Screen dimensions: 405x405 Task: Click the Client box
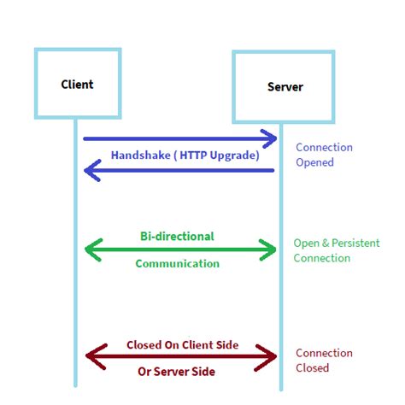coord(78,84)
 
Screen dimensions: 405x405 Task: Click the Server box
coord(284,86)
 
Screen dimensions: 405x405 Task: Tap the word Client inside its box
coord(77,84)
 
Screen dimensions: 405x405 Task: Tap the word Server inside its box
coord(285,87)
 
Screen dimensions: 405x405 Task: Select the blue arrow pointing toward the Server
coord(179,138)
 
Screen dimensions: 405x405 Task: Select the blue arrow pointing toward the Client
coord(179,171)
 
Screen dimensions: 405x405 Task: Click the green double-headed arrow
coord(180,249)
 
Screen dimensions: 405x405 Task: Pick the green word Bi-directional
coord(177,235)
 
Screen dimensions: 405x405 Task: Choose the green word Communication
coord(177,264)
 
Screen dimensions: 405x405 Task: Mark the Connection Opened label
coord(324,155)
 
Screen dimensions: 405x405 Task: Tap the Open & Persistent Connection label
coord(334,250)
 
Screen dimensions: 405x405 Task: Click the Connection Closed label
coord(324,360)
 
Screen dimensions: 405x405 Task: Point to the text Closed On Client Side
coord(182,344)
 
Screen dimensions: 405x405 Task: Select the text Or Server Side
coord(177,372)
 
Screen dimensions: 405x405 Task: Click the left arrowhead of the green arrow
coord(91,249)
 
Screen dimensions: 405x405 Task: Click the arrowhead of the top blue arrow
coord(270,138)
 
